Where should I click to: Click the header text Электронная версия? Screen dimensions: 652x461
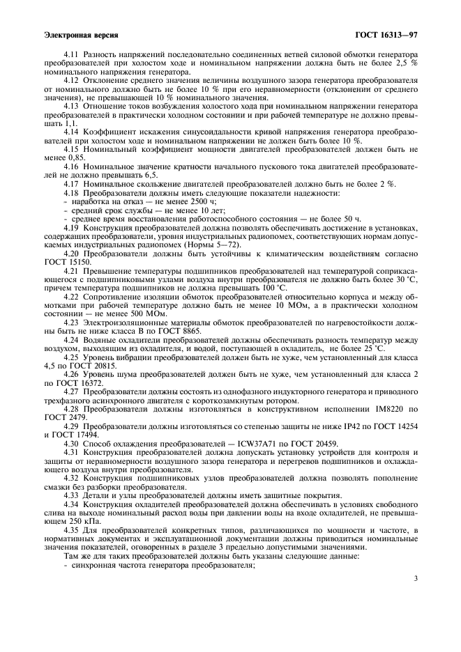tap(80, 33)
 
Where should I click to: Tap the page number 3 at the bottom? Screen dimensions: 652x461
tap(415, 578)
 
